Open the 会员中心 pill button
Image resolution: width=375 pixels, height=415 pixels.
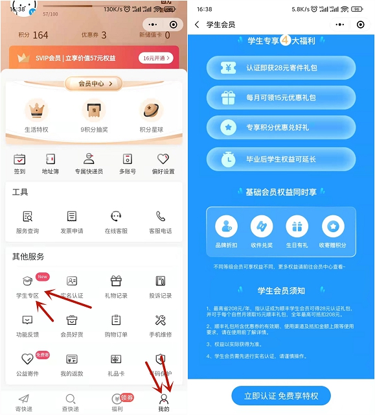click(93, 84)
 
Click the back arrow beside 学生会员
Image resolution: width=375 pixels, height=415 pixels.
click(197, 25)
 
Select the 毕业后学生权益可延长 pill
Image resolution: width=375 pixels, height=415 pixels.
click(281, 159)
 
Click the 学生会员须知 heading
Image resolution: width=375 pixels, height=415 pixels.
click(281, 290)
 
